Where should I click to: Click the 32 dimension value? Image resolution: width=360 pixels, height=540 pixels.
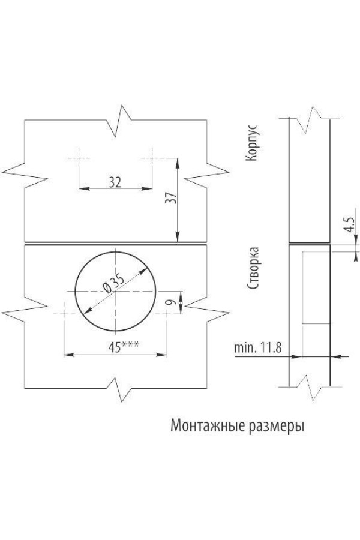(x=115, y=182)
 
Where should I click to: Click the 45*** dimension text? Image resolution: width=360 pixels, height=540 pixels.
(x=120, y=347)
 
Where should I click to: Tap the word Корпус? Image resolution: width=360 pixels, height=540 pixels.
(x=252, y=143)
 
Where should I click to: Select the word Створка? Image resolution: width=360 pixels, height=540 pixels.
(x=252, y=267)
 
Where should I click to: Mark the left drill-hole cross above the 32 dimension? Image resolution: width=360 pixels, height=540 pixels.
(x=79, y=158)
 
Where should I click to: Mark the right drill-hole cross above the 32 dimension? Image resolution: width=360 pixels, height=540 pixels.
(x=151, y=158)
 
